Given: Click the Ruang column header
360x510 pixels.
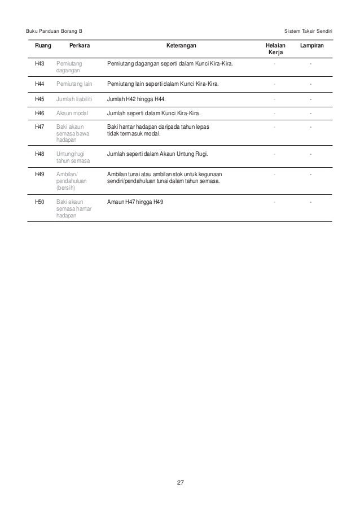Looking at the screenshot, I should tap(42, 45).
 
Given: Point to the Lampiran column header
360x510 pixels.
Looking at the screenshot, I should tap(312, 45).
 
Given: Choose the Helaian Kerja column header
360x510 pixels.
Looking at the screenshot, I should tap(275, 49).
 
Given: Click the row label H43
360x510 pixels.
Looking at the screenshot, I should tap(39, 65).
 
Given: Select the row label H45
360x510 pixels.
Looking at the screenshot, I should tap(39, 99).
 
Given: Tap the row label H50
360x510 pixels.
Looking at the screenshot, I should tap(39, 202).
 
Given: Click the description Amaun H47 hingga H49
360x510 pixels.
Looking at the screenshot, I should tap(135, 202).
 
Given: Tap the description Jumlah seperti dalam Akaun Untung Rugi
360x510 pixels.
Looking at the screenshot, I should tap(157, 153).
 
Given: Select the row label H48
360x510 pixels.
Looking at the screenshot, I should tap(39, 153).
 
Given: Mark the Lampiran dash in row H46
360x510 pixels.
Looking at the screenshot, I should tap(311, 113).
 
